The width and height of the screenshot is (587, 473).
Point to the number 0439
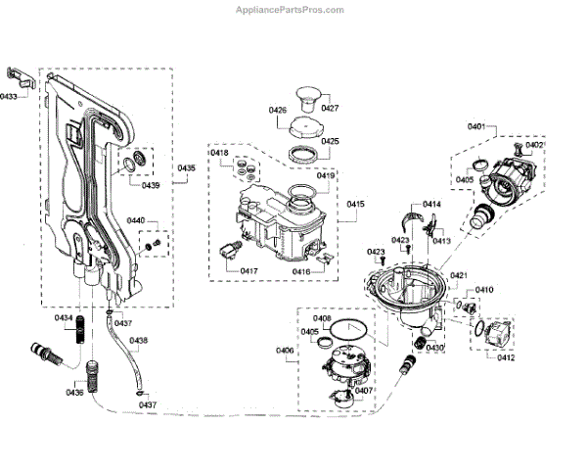(x=150, y=185)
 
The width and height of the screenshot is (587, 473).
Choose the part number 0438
(x=138, y=341)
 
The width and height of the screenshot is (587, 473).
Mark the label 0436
(x=75, y=392)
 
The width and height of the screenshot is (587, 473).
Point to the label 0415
(x=354, y=204)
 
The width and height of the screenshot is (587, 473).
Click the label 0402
(x=534, y=145)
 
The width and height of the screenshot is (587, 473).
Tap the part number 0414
(x=431, y=204)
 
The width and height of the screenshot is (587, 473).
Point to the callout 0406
(x=285, y=349)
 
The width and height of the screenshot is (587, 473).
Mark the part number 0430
(x=434, y=348)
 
